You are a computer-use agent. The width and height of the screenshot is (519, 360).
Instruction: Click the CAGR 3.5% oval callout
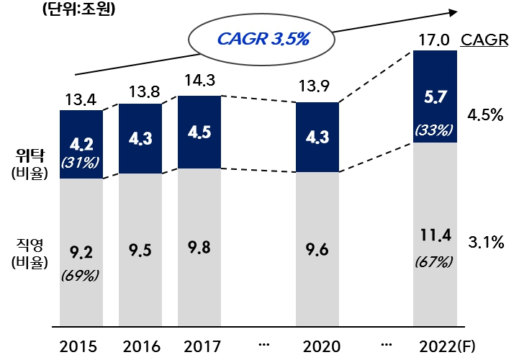coord(263,39)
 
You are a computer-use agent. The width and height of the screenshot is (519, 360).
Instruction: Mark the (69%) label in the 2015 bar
coord(81,275)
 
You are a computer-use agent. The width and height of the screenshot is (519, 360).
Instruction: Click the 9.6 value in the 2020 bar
coord(317,251)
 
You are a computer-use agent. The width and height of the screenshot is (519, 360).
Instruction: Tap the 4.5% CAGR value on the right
coord(485,114)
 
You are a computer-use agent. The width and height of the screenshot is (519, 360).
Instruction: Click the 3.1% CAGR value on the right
coord(485,243)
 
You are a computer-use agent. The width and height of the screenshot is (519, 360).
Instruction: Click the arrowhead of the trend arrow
coord(453,11)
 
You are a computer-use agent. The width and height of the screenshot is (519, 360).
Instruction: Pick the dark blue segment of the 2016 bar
coord(140,138)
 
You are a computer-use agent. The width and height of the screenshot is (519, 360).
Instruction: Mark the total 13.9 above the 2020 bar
coord(317,86)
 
